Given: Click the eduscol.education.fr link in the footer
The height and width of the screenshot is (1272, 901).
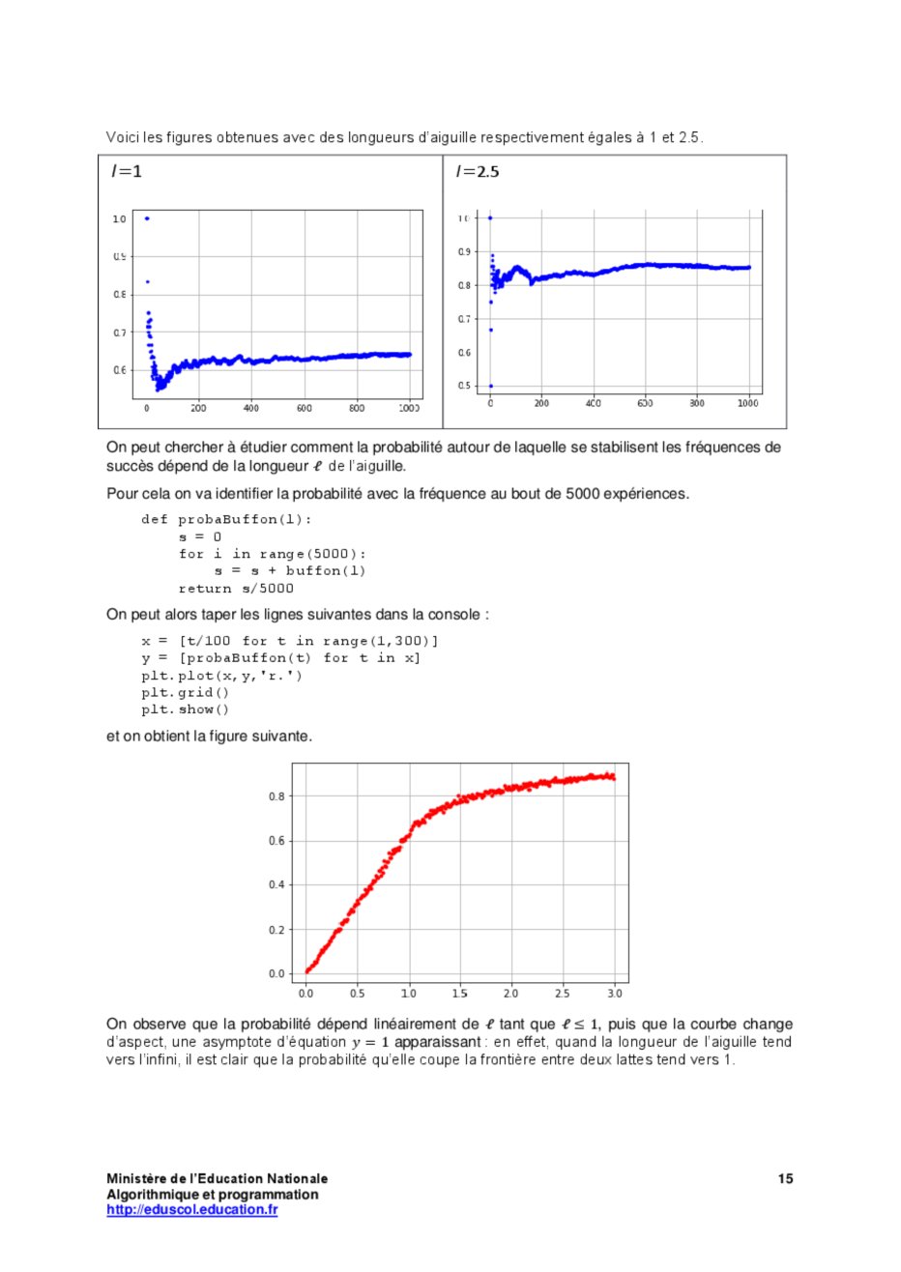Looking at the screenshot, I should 191,1209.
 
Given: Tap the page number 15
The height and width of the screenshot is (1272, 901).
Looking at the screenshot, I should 786,1178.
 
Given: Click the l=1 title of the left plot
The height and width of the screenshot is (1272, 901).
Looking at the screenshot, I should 127,172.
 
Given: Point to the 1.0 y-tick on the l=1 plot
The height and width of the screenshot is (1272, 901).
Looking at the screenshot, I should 120,218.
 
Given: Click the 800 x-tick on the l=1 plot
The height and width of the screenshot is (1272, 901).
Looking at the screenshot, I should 357,409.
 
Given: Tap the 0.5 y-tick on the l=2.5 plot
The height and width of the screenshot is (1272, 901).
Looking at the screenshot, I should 465,386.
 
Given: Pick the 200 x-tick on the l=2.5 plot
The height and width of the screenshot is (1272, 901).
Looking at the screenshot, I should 541,403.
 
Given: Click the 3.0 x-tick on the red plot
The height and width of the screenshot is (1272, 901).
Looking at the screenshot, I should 615,993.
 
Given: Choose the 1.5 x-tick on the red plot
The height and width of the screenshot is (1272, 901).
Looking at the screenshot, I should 460,993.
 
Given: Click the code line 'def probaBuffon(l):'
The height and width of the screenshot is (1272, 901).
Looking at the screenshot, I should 226,519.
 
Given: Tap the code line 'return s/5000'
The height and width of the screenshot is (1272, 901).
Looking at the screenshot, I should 236,588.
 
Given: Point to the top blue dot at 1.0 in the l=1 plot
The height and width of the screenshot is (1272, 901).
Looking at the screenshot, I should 147,218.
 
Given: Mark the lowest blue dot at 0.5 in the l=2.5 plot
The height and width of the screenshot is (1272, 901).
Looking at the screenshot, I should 490,386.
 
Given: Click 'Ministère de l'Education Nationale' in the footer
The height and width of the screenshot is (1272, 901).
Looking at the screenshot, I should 217,1178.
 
